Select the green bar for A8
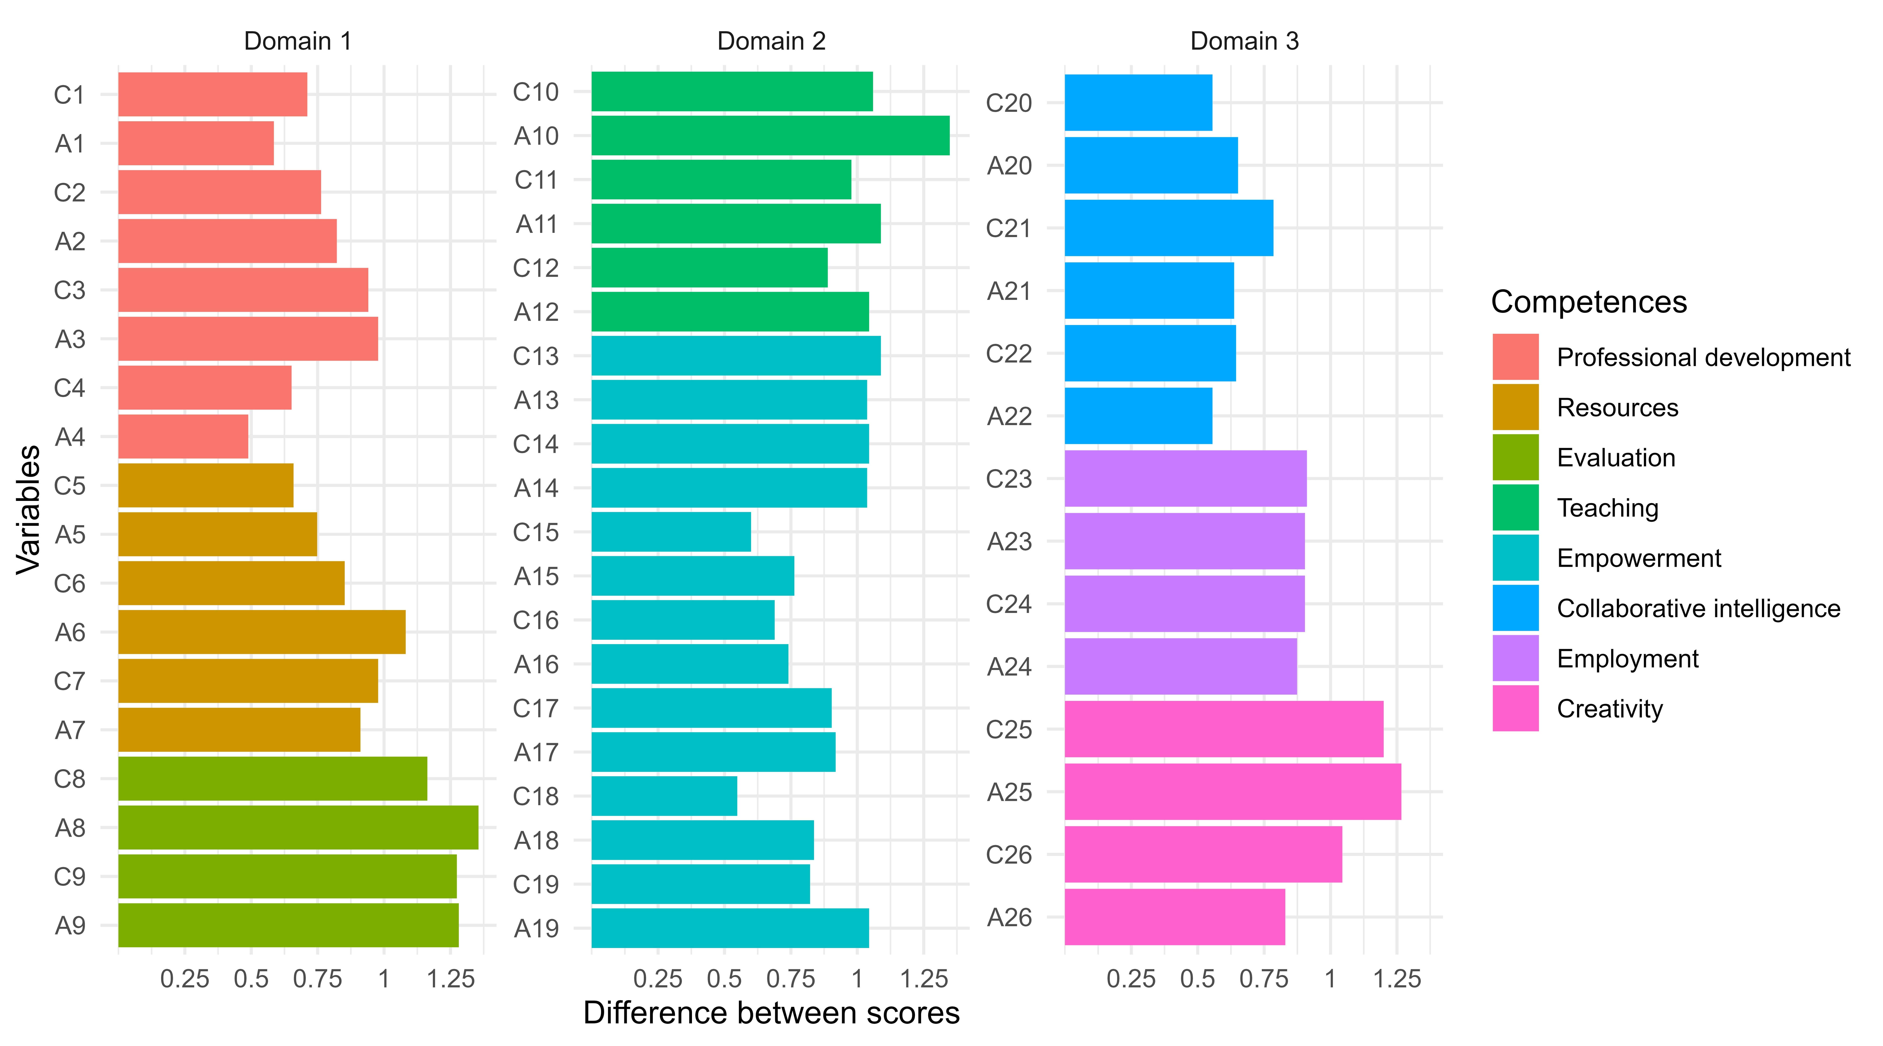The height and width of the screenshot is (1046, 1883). (298, 827)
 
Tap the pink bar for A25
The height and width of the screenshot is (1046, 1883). (1233, 792)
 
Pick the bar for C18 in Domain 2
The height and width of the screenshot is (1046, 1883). (664, 796)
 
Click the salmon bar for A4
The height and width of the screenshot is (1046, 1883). (183, 436)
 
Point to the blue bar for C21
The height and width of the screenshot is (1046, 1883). (1168, 228)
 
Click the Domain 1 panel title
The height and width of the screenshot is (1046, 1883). (298, 41)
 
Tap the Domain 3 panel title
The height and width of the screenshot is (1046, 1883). (1244, 41)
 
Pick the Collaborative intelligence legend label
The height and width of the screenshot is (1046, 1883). (1698, 608)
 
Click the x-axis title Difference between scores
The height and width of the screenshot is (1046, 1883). (771, 1013)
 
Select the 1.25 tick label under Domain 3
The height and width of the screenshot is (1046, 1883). (1397, 979)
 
